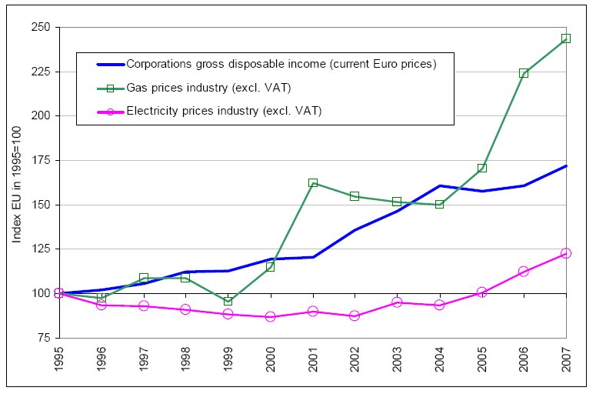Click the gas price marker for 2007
point(566,38)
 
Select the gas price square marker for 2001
point(313,183)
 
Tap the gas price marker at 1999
point(228,301)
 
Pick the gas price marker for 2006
point(524,73)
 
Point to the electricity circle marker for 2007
point(566,253)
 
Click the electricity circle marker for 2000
point(271,316)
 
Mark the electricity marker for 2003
point(397,302)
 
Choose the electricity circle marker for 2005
point(481,292)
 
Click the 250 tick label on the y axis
point(40,28)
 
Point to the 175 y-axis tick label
point(40,161)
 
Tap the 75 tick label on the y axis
point(43,338)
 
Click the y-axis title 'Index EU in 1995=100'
point(16,182)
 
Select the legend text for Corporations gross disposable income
point(281,65)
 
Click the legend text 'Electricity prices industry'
point(223,111)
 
